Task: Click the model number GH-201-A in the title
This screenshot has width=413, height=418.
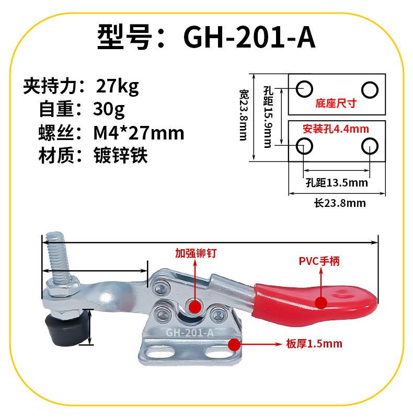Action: point(249,37)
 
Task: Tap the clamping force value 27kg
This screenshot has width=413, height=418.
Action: point(118,87)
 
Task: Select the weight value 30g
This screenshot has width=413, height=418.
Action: point(109,110)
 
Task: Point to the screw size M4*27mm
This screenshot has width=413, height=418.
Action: point(139,133)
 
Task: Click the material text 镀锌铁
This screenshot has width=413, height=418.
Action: point(121,155)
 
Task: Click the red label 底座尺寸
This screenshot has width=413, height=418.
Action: point(336,103)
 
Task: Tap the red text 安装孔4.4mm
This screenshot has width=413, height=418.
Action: point(336,129)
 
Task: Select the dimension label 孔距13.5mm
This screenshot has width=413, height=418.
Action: point(337,183)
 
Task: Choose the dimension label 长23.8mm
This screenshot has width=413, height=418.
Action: point(340,203)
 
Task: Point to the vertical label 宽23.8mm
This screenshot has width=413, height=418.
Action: point(244,115)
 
